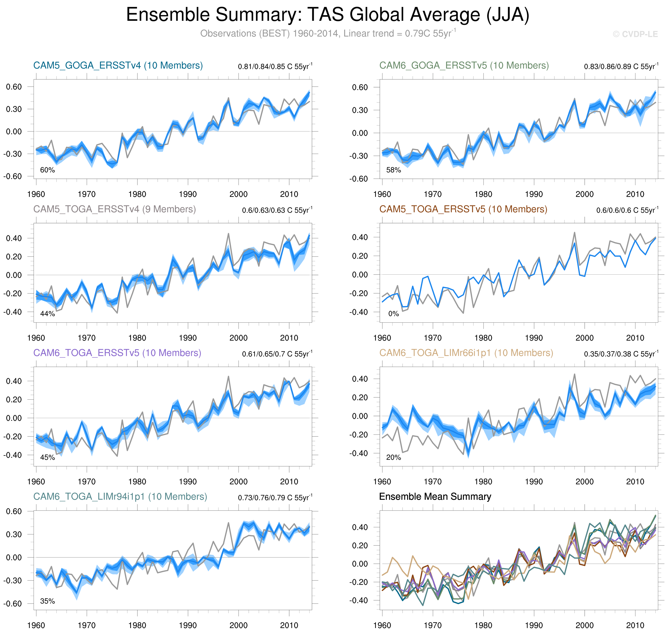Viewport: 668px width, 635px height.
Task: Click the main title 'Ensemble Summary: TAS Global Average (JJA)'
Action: point(327,15)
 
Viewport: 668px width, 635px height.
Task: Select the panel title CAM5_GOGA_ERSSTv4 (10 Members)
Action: point(118,65)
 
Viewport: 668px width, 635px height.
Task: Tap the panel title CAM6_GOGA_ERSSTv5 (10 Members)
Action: point(464,65)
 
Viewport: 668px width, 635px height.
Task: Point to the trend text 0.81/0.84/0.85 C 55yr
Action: point(275,66)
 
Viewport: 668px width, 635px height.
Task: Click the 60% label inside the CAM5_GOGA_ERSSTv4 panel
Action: point(47,170)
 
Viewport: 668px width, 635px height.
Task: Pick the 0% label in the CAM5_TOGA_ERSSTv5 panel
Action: point(393,314)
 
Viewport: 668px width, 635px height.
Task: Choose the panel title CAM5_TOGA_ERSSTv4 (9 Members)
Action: point(114,209)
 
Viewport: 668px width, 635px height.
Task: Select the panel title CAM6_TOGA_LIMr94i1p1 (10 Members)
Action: point(120,496)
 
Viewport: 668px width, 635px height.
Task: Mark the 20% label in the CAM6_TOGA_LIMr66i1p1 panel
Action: point(393,457)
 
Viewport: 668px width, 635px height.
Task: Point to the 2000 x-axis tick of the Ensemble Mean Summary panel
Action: point(585,625)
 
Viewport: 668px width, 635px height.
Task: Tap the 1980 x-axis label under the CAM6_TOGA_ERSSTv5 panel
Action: point(137,481)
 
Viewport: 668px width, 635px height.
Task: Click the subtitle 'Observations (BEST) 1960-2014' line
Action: point(327,33)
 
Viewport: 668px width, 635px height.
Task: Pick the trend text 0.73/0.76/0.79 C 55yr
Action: point(275,497)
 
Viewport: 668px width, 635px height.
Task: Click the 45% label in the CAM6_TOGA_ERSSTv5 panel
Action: point(47,457)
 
